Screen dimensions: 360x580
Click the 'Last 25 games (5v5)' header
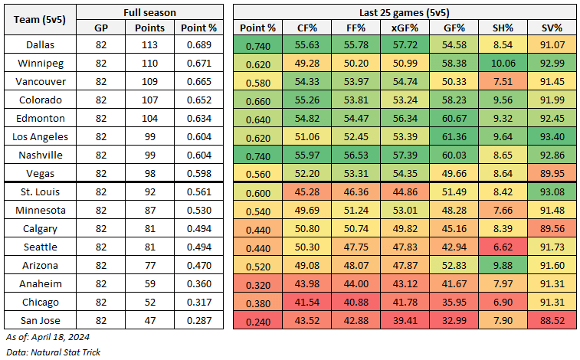pyautogui.click(x=405, y=13)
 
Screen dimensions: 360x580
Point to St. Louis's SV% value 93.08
pyautogui.click(x=553, y=192)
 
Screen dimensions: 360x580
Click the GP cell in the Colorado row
pyautogui.click(x=101, y=100)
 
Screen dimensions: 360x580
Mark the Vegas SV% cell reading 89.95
pyautogui.click(x=553, y=174)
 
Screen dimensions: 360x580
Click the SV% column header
pyautogui.click(x=553, y=28)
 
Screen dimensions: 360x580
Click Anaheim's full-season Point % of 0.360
pyautogui.click(x=198, y=284)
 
